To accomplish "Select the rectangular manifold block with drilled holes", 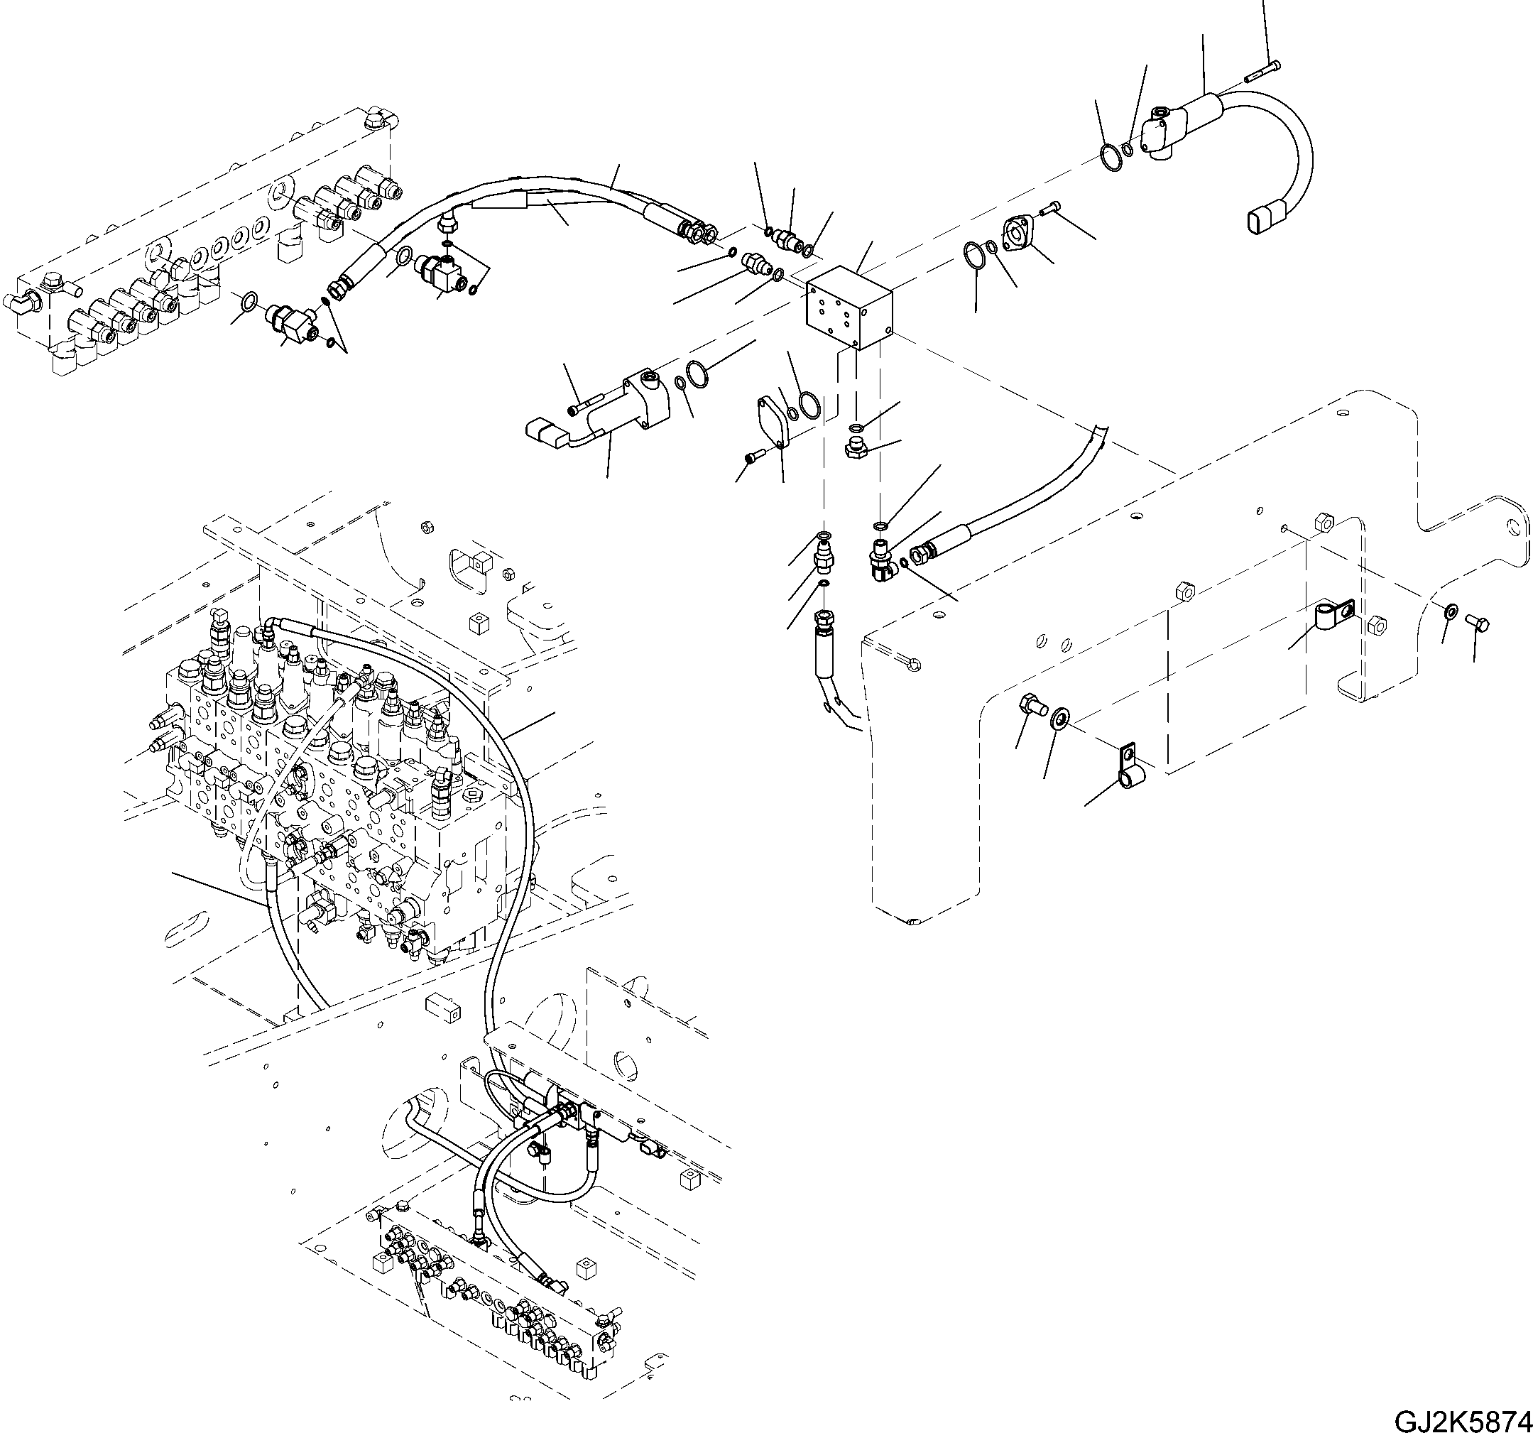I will tap(849, 308).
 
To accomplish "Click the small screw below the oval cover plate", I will tap(753, 458).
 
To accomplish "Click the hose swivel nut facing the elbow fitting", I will tap(921, 554).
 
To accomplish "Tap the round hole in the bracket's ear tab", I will tap(1517, 528).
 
